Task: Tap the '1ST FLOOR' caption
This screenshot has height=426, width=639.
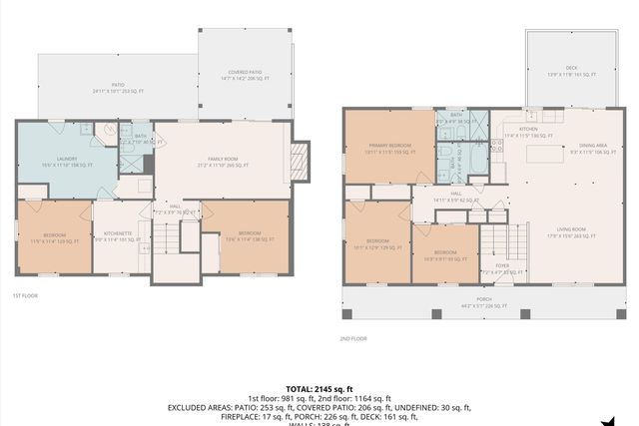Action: point(25,296)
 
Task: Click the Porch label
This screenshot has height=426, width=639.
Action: point(483,303)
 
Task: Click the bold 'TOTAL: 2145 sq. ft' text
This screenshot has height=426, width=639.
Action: point(319,389)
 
